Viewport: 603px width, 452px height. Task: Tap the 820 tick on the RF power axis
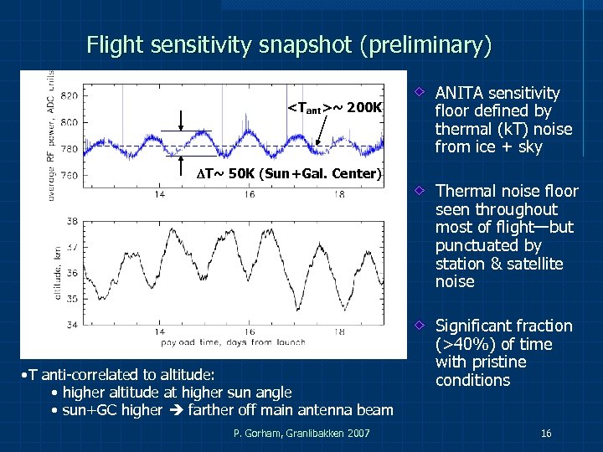click(x=70, y=95)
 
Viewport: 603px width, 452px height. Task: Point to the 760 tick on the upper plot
click(x=70, y=176)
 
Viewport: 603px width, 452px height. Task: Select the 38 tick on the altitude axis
click(x=72, y=221)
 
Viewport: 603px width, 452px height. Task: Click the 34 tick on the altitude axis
click(x=72, y=325)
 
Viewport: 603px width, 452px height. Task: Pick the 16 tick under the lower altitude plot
click(x=250, y=332)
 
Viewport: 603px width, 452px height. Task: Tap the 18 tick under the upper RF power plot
click(x=338, y=194)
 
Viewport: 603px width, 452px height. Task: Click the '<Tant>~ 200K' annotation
click(x=334, y=108)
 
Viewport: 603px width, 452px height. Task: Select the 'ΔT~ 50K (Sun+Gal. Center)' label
click(x=283, y=174)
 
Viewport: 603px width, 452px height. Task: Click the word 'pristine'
click(x=499, y=362)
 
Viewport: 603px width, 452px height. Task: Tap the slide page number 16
click(x=545, y=434)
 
